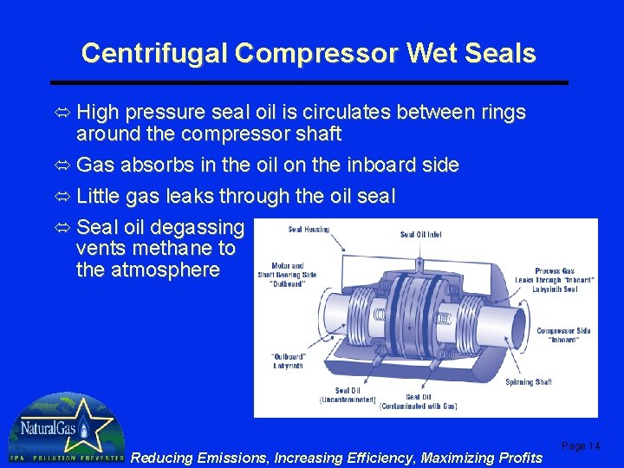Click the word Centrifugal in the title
click(154, 54)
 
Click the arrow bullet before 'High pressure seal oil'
click(63, 114)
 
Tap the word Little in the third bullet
click(99, 197)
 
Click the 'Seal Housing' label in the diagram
click(308, 230)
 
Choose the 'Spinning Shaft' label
click(529, 382)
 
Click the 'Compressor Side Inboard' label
click(563, 335)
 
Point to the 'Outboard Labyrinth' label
click(288, 361)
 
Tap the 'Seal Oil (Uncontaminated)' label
click(348, 395)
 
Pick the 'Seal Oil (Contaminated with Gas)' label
click(419, 401)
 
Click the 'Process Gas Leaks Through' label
click(556, 280)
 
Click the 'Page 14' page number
click(581, 446)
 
